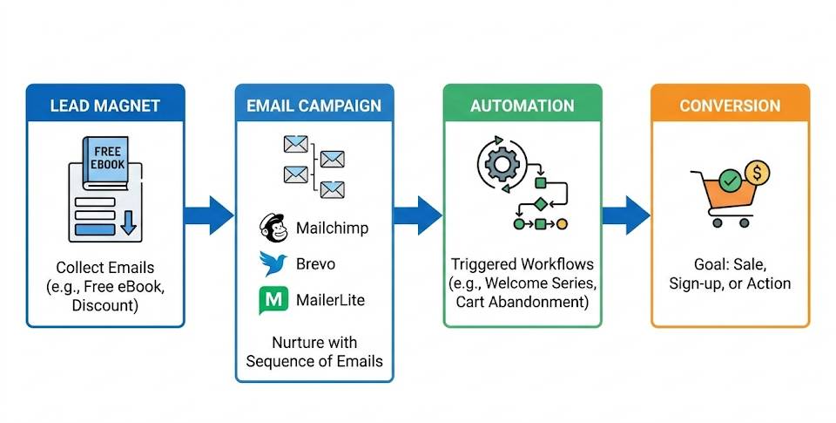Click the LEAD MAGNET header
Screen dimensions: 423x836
tap(105, 106)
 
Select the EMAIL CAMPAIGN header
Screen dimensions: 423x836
tap(313, 106)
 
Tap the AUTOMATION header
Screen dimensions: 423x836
tap(522, 106)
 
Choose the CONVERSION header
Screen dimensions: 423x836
tap(730, 106)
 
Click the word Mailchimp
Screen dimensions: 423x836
tap(332, 229)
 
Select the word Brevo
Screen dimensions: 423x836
tap(315, 264)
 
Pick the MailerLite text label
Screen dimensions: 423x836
tap(330, 300)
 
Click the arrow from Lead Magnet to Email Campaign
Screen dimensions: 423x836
tap(209, 215)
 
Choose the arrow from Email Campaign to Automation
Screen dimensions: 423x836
tap(418, 215)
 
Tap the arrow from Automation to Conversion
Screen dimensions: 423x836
tap(626, 215)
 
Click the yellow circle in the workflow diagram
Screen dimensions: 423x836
tap(562, 224)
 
